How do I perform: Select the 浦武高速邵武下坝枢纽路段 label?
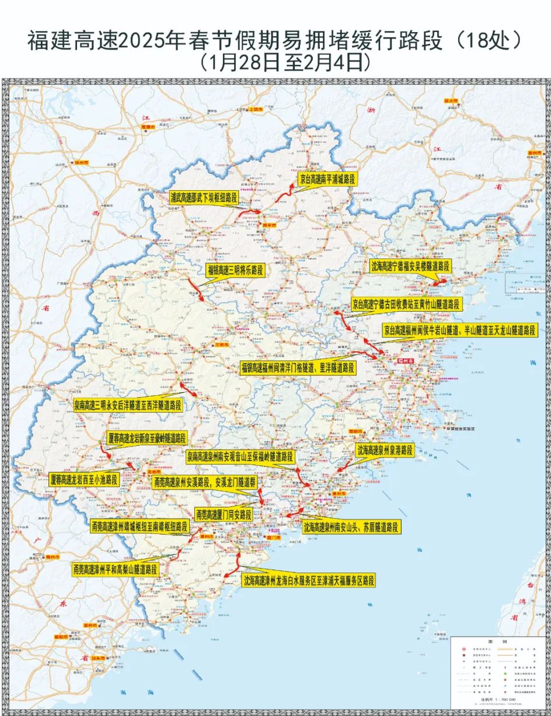(x=203, y=198)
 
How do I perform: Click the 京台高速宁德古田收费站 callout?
(x=406, y=304)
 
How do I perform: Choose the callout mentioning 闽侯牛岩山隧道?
(x=460, y=330)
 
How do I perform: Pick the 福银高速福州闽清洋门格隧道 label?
(x=298, y=368)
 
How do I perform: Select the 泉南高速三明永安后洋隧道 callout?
(x=127, y=404)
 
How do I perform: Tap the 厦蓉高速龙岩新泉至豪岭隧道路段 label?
(x=148, y=438)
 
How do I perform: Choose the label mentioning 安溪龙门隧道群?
(x=204, y=483)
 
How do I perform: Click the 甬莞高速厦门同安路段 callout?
(x=224, y=515)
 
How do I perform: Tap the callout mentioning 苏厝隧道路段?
(x=351, y=527)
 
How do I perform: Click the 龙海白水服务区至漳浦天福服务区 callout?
(x=309, y=580)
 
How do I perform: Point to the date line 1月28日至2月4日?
(x=285, y=61)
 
